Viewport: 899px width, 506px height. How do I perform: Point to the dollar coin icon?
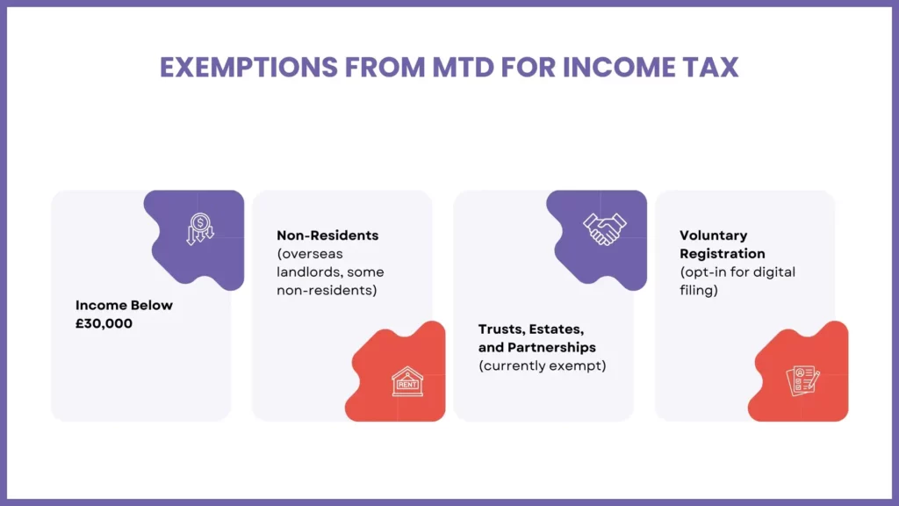199,229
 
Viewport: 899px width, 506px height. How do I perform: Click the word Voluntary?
714,235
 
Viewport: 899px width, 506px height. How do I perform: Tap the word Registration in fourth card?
723,253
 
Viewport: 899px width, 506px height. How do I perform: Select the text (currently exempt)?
542,365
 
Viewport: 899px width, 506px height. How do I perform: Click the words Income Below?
124,305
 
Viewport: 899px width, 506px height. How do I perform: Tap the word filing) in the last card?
699,290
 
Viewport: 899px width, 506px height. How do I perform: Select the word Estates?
557,329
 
